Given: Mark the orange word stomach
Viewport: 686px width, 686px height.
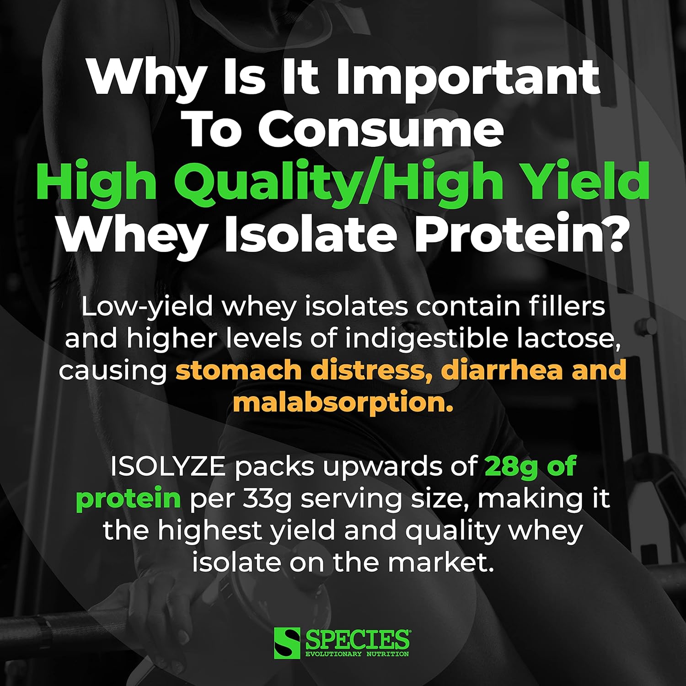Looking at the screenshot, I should pyautogui.click(x=238, y=370).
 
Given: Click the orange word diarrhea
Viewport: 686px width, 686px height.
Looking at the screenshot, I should pyautogui.click(x=501, y=370).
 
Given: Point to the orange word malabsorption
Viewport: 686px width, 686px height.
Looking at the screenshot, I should pyautogui.click(x=343, y=402).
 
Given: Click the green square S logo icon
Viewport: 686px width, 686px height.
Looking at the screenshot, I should pyautogui.click(x=287, y=643).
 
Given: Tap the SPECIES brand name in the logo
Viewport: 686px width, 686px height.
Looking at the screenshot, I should pyautogui.click(x=357, y=639).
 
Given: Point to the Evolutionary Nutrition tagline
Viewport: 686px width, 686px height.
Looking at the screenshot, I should pyautogui.click(x=357, y=654).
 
